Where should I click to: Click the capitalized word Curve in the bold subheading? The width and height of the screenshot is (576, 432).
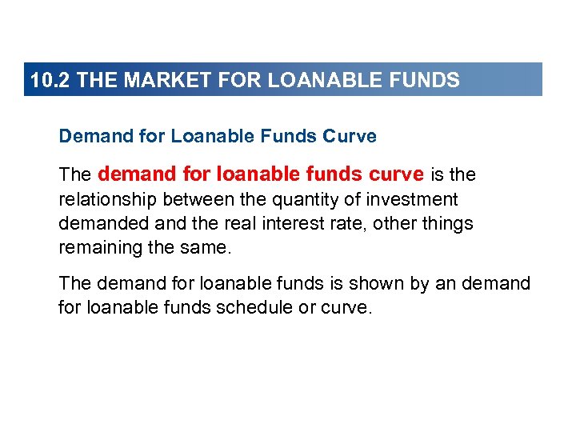pos(350,136)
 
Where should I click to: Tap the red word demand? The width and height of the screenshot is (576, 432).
pos(131,174)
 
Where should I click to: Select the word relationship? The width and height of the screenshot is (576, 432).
pos(100,199)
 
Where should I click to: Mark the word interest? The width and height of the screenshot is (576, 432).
pos(295,224)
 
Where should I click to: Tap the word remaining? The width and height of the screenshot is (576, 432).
pos(94,248)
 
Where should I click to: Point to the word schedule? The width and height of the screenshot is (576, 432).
pos(246,308)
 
